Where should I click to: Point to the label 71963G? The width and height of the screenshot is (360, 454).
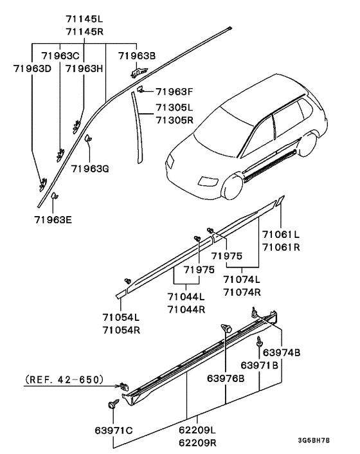point(90,169)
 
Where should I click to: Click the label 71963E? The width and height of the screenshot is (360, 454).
point(53,219)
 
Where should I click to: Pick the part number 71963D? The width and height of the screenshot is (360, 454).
point(32,68)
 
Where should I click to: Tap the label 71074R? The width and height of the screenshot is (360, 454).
point(242,291)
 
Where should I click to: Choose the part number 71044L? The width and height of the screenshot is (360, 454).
point(185,297)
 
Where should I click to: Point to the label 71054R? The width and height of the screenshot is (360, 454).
point(120,330)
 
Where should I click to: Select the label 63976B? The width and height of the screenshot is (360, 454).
point(226,378)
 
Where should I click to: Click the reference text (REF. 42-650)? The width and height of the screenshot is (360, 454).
point(64,380)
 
